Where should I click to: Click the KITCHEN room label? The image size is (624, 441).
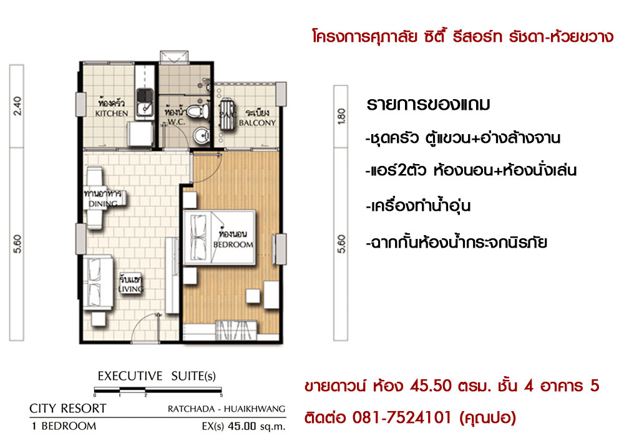(112, 114)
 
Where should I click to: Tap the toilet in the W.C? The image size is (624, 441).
(198, 111)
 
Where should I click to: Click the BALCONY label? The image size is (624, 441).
(257, 123)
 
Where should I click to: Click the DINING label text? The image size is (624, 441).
(103, 204)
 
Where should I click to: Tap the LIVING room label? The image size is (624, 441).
(130, 289)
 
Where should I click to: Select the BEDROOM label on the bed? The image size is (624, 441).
(233, 245)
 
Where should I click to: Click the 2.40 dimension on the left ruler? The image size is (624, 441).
(17, 106)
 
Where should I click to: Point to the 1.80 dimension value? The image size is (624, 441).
(341, 116)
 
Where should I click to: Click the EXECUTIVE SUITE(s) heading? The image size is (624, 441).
(157, 376)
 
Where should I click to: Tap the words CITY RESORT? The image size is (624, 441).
(67, 409)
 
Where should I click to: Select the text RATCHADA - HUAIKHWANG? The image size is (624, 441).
(227, 409)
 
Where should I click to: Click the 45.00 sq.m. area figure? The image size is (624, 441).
(256, 427)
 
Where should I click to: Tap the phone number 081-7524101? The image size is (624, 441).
(402, 417)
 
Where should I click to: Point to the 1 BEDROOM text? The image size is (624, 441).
(64, 426)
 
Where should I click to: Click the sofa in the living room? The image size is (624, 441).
(98, 283)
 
